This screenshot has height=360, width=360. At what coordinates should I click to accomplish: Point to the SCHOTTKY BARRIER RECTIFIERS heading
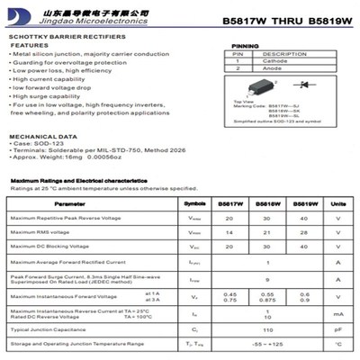(x=58, y=36)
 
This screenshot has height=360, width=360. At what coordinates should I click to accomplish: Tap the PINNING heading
(x=245, y=45)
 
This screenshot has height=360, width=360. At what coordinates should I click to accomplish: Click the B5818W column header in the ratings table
(x=266, y=204)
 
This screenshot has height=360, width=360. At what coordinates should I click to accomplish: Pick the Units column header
(x=337, y=204)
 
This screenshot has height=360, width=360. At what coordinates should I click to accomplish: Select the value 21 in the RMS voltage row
(x=266, y=232)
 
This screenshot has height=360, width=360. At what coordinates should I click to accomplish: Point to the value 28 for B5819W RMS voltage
(x=303, y=232)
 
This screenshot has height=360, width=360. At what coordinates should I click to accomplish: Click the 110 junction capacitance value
(x=266, y=329)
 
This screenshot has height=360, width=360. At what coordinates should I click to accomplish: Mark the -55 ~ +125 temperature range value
(x=266, y=344)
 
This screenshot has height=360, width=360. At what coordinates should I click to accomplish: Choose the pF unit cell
(x=337, y=329)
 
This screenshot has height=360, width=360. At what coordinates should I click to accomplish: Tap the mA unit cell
(x=337, y=314)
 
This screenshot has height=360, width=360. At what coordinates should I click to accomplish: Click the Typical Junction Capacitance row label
(x=47, y=329)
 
